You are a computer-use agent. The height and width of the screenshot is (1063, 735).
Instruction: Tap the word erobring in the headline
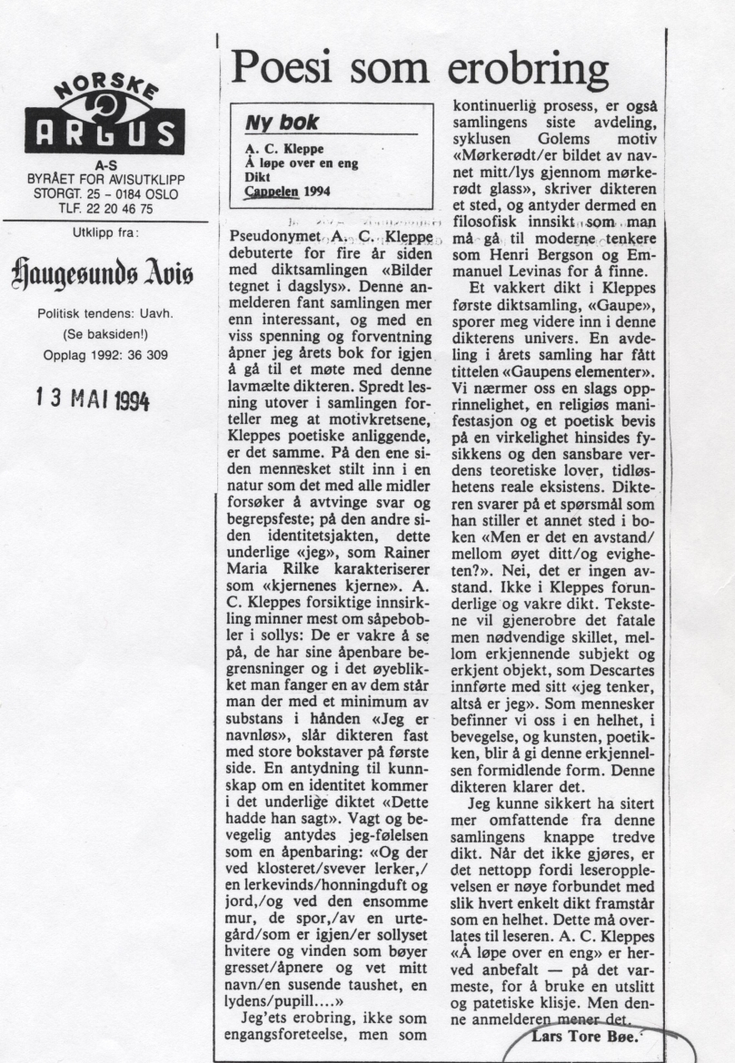(x=527, y=71)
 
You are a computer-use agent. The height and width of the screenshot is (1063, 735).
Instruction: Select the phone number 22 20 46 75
(x=117, y=208)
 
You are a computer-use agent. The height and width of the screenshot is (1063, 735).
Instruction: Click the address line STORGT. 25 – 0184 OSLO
(x=104, y=194)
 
